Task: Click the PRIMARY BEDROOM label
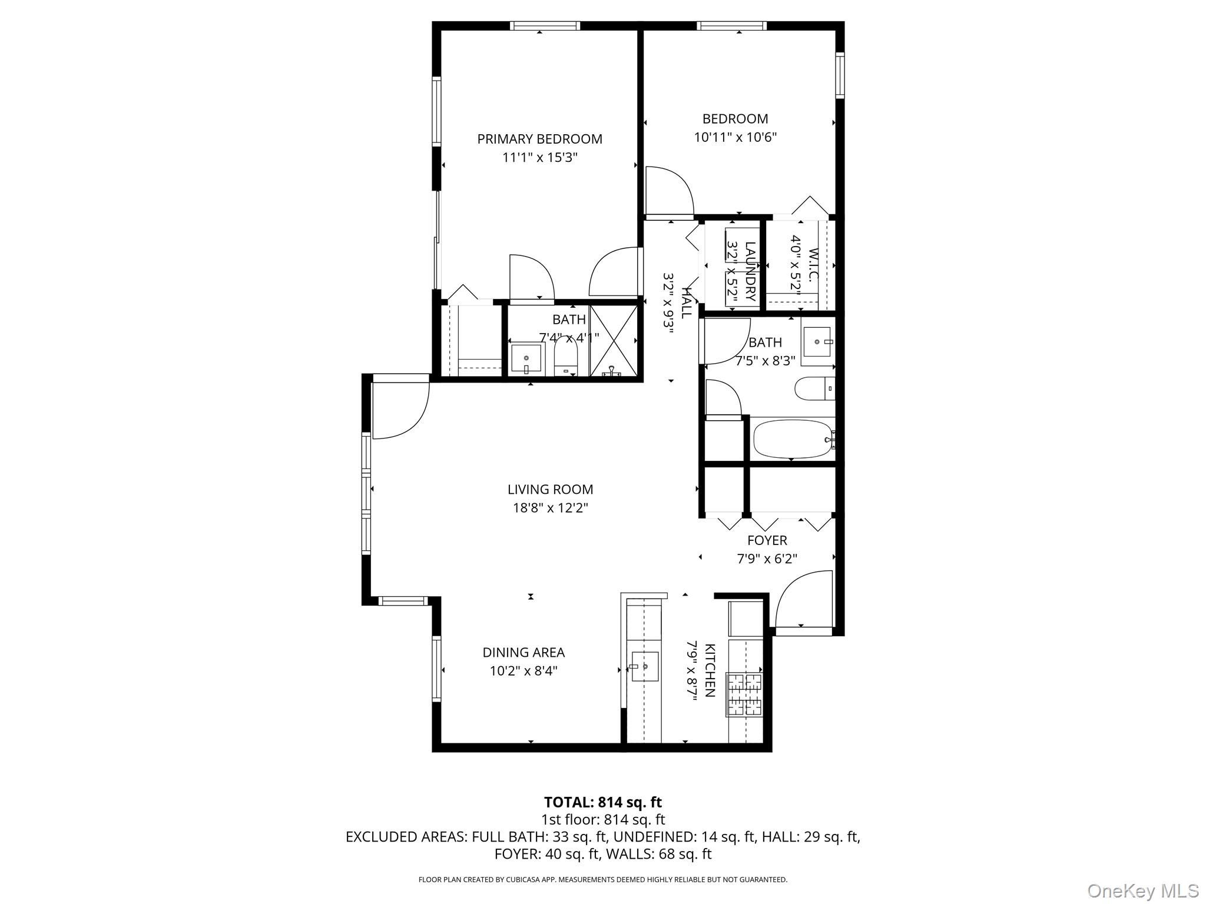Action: pyautogui.click(x=539, y=139)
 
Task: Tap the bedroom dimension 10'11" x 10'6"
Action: pyautogui.click(x=735, y=138)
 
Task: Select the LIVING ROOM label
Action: pyautogui.click(x=550, y=489)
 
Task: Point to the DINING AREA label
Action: pyautogui.click(x=524, y=652)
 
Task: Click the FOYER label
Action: pyautogui.click(x=767, y=540)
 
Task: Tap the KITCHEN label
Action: pyautogui.click(x=710, y=670)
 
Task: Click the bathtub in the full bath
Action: pyautogui.click(x=793, y=438)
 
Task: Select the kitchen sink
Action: pyautogui.click(x=645, y=666)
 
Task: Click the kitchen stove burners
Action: pyautogui.click(x=745, y=694)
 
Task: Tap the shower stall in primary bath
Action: pyautogui.click(x=614, y=341)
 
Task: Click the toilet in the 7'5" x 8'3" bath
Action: pyautogui.click(x=814, y=388)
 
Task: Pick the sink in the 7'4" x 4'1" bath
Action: pyautogui.click(x=526, y=359)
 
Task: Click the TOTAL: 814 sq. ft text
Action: pyautogui.click(x=602, y=802)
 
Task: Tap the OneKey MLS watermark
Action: pyautogui.click(x=1142, y=890)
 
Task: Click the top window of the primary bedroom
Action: pyautogui.click(x=545, y=26)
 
